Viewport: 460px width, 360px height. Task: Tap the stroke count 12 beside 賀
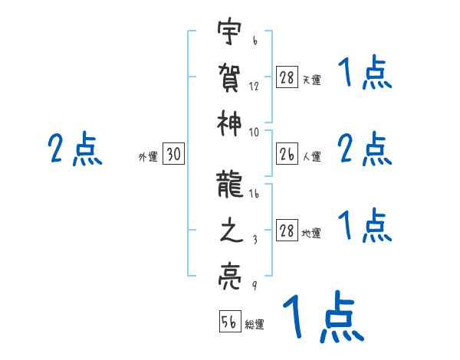pyautogui.click(x=255, y=87)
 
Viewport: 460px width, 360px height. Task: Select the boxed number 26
pyautogui.click(x=287, y=154)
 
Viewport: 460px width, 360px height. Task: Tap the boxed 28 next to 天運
pyautogui.click(x=287, y=77)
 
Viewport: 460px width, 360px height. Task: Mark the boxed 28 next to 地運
pyautogui.click(x=287, y=231)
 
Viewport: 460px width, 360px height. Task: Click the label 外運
pyautogui.click(x=147, y=157)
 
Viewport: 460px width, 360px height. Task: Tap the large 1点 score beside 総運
pyautogui.click(x=322, y=318)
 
